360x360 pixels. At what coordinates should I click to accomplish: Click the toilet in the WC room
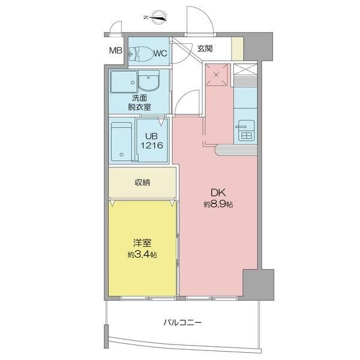[x=141, y=54]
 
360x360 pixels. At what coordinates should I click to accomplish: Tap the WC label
[x=160, y=53]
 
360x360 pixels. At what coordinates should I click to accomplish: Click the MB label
[x=115, y=50]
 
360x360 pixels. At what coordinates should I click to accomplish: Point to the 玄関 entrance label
[x=205, y=49]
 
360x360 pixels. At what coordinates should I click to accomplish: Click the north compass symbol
[x=157, y=17]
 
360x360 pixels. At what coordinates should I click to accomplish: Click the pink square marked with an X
[x=217, y=74]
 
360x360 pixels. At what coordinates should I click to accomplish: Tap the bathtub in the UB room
[x=121, y=142]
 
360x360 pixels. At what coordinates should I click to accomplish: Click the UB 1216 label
[x=152, y=141]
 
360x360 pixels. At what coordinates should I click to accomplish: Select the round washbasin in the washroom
[x=149, y=80]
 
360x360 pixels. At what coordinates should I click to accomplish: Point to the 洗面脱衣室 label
[x=139, y=103]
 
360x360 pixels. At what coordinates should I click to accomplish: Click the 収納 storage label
[x=142, y=182]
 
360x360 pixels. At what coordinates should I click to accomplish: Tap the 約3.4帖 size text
[x=142, y=254]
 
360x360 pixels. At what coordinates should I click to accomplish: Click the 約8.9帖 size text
[x=218, y=204]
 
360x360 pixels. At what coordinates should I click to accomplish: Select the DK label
[x=218, y=193]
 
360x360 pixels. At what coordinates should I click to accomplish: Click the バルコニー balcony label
[x=182, y=323]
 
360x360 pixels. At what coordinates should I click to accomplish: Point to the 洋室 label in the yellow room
[x=142, y=243]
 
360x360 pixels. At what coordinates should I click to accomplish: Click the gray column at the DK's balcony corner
[x=258, y=284]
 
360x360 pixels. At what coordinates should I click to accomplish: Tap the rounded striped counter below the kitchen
[x=236, y=151]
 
